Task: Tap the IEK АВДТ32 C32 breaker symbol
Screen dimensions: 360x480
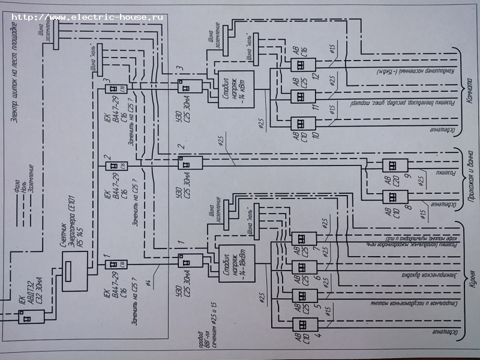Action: pos(27,316)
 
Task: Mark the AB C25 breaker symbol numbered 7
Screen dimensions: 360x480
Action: pos(300,239)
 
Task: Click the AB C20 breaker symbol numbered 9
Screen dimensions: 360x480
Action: pos(395,166)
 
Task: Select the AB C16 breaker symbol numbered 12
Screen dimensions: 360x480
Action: pos(300,65)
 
